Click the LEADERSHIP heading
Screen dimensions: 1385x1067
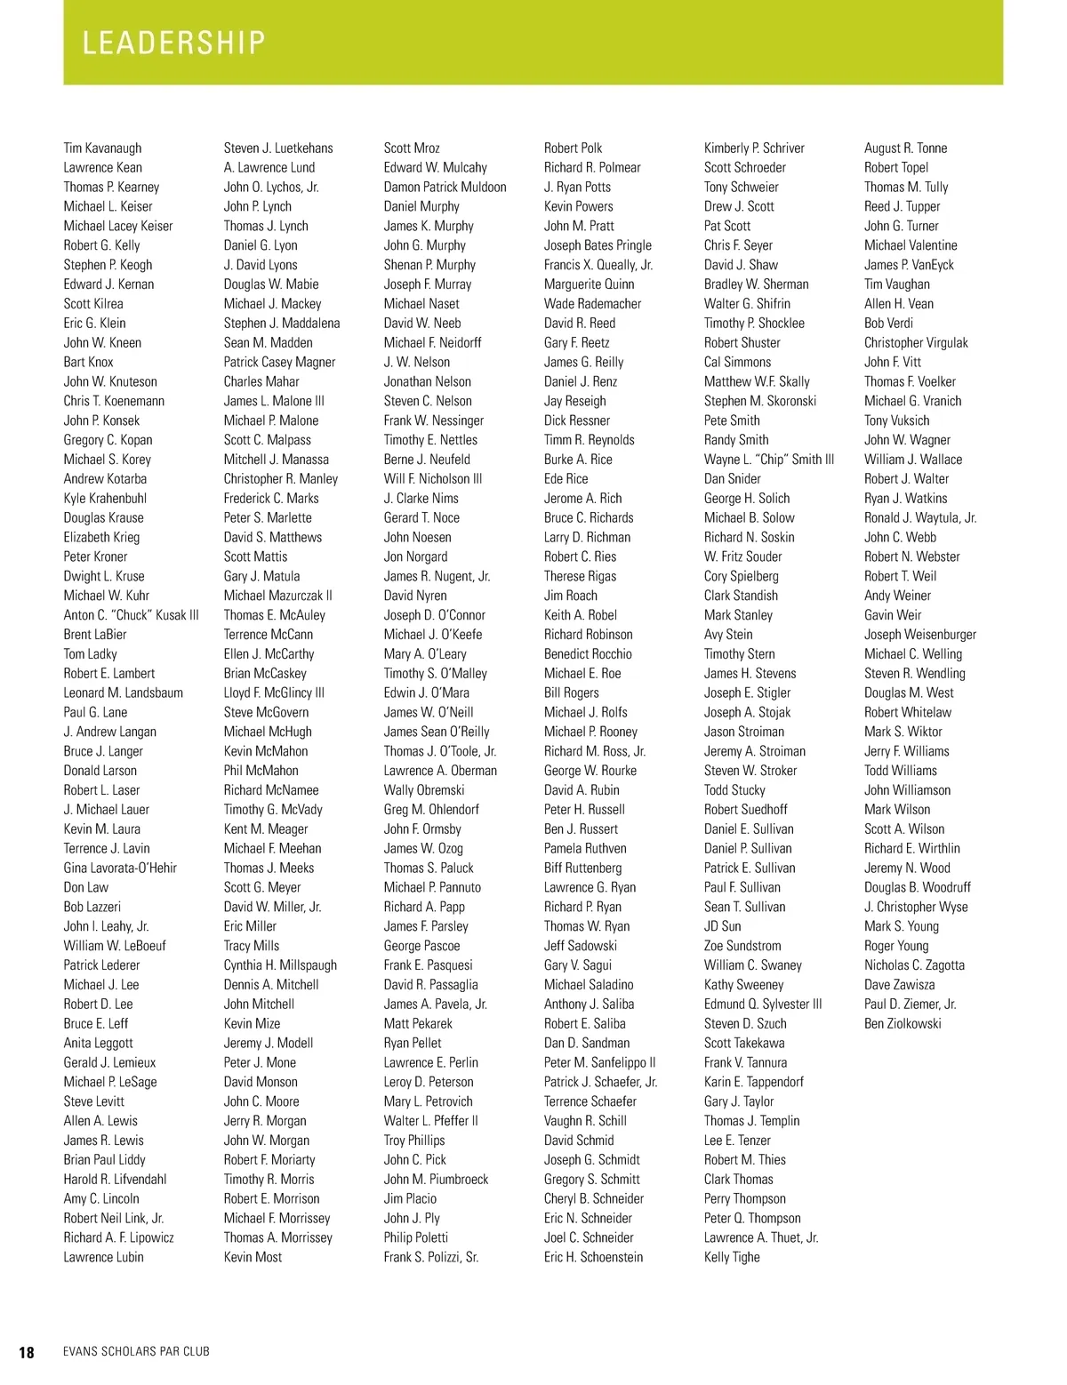click(174, 43)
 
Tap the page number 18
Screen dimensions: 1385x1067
click(27, 1352)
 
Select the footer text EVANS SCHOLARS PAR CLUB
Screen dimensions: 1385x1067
click(136, 1352)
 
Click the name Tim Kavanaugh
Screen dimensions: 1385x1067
click(102, 148)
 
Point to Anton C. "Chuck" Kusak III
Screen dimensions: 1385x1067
click(131, 615)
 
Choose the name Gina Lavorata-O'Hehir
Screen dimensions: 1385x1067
click(120, 869)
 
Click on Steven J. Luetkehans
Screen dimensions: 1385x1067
click(278, 148)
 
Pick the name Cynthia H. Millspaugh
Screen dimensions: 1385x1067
click(280, 965)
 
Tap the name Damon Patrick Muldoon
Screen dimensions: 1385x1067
click(445, 188)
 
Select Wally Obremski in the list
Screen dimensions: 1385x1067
click(423, 790)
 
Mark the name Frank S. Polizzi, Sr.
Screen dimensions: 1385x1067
click(430, 1257)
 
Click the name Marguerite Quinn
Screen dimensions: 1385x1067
click(589, 284)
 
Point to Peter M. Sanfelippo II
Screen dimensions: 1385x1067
click(599, 1062)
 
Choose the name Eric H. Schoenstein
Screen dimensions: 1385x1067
click(593, 1257)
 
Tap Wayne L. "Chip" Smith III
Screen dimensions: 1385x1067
click(768, 460)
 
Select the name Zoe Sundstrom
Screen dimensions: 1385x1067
click(742, 946)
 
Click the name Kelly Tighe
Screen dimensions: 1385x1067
click(732, 1257)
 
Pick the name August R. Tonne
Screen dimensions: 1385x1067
click(905, 148)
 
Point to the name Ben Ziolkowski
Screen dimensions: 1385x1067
click(903, 1024)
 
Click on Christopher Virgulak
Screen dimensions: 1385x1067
click(916, 343)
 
